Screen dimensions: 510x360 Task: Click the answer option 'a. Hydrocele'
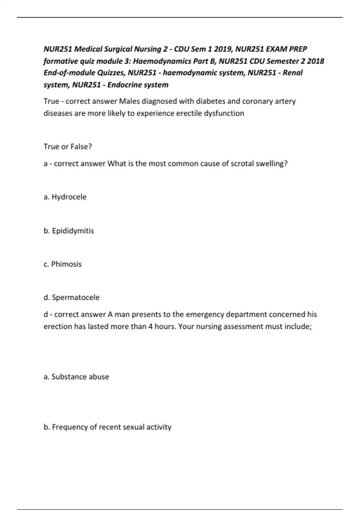(65, 197)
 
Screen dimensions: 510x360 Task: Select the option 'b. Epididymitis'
(69, 231)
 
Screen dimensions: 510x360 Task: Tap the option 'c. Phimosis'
(62, 264)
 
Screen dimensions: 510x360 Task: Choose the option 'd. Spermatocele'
(71, 297)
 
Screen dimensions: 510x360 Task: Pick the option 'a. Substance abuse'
(76, 377)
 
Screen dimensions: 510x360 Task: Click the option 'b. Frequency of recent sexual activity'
(107, 427)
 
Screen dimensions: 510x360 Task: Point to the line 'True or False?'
(68, 147)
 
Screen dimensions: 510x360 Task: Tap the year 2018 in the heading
(316, 61)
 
